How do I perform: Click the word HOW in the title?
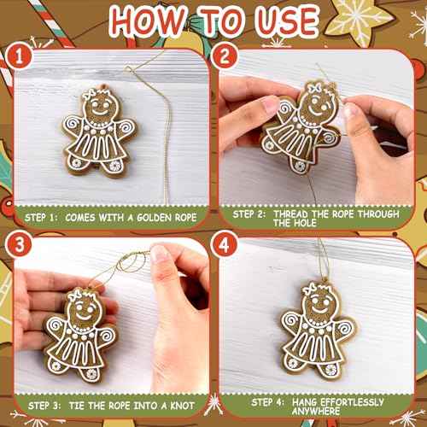coord(146,20)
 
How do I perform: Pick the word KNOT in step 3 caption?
coord(180,402)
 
